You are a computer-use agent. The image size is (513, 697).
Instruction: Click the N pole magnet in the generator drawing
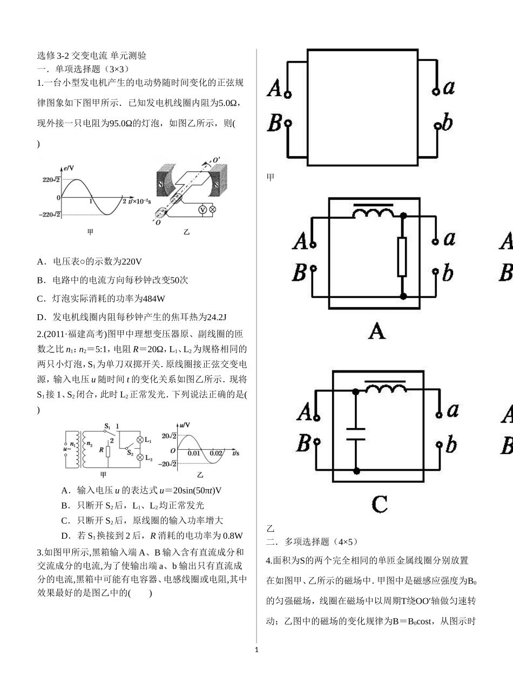click(160, 184)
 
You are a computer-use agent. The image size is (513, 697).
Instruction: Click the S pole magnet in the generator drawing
click(215, 184)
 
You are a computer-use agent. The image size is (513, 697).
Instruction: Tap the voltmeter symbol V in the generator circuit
click(201, 209)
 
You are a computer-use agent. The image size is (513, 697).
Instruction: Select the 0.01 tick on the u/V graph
click(194, 453)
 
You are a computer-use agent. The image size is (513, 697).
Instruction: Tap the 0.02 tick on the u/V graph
click(216, 453)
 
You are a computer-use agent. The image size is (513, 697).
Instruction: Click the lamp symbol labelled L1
click(140, 440)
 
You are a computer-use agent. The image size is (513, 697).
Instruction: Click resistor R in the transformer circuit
click(109, 451)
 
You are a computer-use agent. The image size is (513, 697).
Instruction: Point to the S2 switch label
click(130, 452)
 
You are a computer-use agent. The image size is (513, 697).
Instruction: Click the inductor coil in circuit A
click(373, 213)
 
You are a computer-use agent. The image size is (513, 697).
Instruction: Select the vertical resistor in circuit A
click(403, 256)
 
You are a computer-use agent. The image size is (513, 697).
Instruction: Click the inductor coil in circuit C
click(385, 389)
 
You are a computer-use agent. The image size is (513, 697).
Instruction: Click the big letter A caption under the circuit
click(376, 330)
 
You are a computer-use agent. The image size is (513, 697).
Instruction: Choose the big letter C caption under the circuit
click(380, 504)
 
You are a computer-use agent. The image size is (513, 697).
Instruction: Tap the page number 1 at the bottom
click(256, 649)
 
